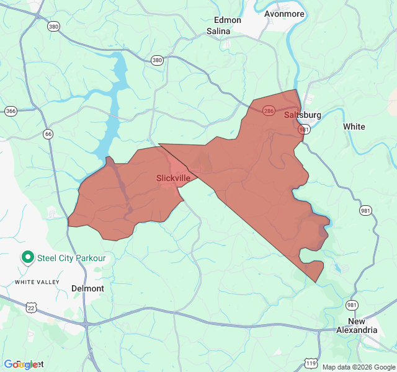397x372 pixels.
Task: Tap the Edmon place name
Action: point(227,20)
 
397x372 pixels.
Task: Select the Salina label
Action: point(218,30)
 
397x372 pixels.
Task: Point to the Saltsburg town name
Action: point(303,115)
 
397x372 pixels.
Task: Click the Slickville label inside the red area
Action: point(173,178)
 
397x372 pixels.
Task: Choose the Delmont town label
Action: point(87,288)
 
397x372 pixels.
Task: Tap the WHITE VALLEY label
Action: point(37,282)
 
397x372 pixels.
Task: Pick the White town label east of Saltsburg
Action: point(354,126)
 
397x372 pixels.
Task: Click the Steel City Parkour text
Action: point(72,257)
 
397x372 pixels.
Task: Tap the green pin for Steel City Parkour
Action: point(27,257)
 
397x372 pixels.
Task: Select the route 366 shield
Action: point(11,111)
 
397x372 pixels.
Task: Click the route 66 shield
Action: point(48,133)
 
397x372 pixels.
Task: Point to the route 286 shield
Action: point(268,110)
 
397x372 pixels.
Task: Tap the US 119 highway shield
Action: point(310,363)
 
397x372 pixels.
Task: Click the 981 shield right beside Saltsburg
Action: point(304,129)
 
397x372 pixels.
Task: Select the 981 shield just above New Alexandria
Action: point(352,304)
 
